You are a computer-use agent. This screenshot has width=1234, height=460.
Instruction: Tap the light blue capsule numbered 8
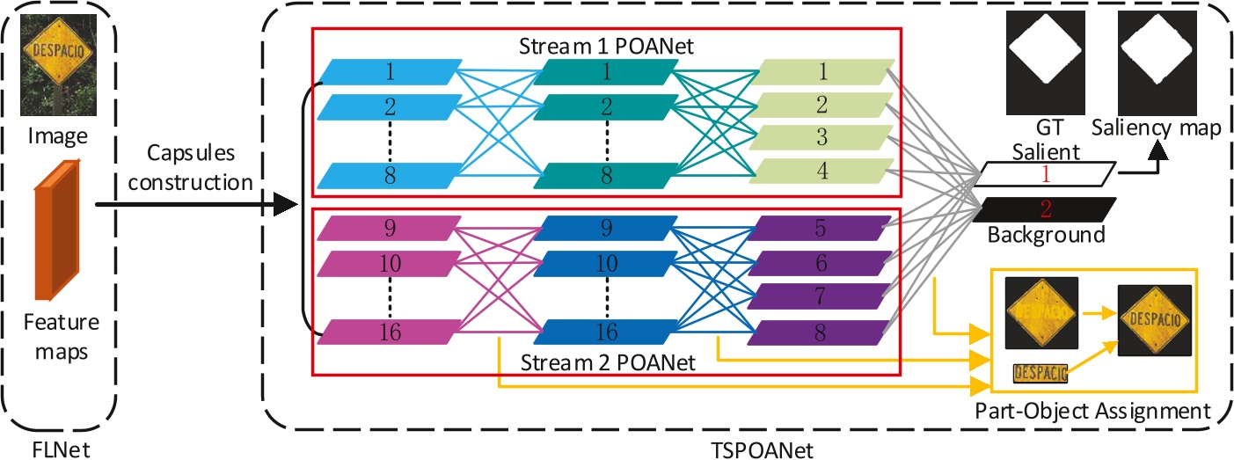click(x=389, y=175)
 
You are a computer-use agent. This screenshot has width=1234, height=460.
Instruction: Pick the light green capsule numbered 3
click(x=823, y=138)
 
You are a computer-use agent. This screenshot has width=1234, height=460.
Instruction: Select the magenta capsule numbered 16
click(x=389, y=332)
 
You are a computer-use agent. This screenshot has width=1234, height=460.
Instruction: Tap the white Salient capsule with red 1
click(x=1045, y=174)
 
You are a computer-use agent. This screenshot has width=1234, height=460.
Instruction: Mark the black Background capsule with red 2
click(x=1045, y=209)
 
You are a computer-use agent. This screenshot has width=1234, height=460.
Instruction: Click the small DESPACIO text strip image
click(x=1041, y=375)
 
